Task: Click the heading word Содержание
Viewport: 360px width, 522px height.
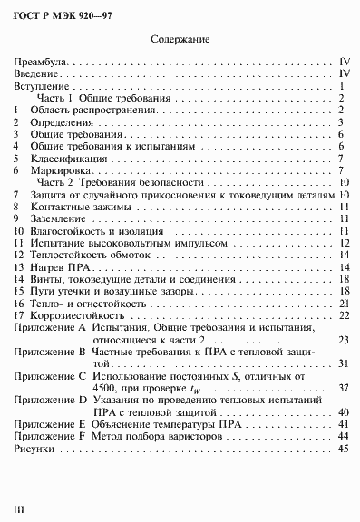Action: (180, 40)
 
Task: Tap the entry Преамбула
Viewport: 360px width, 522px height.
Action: (39, 62)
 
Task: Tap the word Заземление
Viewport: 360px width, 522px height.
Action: (58, 218)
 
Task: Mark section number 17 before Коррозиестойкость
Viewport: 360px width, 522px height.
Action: (18, 315)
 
